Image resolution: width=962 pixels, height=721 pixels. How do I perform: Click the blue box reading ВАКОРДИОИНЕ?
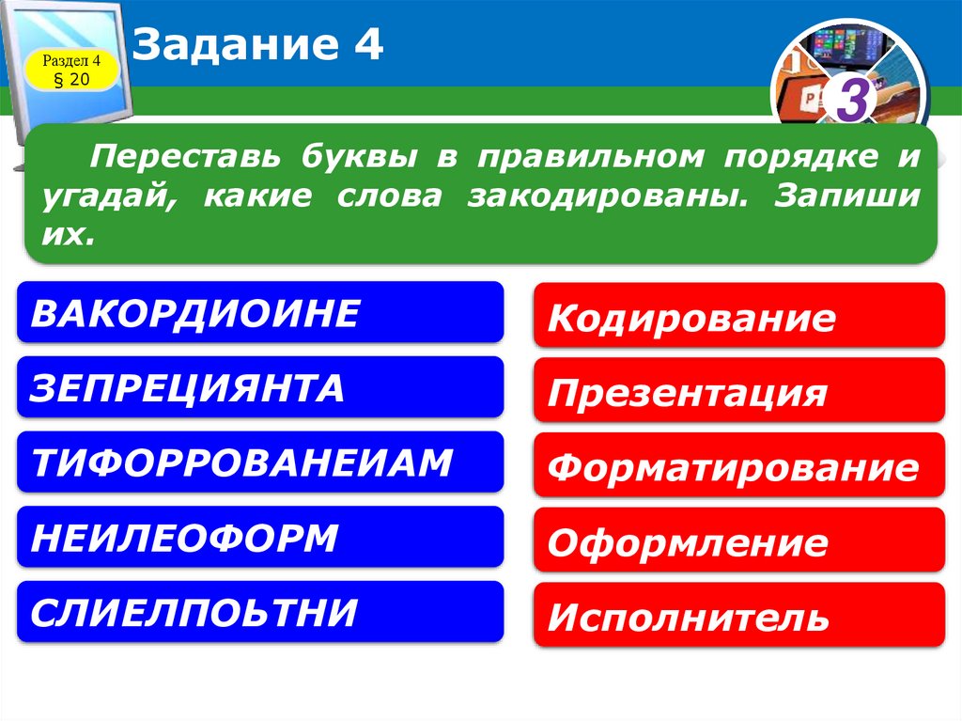click(x=260, y=313)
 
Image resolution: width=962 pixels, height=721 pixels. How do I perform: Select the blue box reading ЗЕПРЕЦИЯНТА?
click(x=260, y=387)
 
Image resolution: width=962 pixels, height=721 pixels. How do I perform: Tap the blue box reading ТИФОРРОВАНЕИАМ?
click(x=260, y=462)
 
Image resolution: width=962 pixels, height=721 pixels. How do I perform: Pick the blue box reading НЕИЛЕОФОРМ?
click(x=260, y=538)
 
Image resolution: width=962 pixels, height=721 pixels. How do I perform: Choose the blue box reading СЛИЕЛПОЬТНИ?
click(x=260, y=612)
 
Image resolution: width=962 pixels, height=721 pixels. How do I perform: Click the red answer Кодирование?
click(x=738, y=318)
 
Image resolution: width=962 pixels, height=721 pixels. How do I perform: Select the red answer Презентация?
click(x=738, y=392)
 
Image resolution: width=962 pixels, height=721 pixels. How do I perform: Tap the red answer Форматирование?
click(x=738, y=467)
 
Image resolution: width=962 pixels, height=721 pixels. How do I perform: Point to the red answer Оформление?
click(x=738, y=541)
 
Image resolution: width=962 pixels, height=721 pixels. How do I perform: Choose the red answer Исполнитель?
click(x=738, y=617)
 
